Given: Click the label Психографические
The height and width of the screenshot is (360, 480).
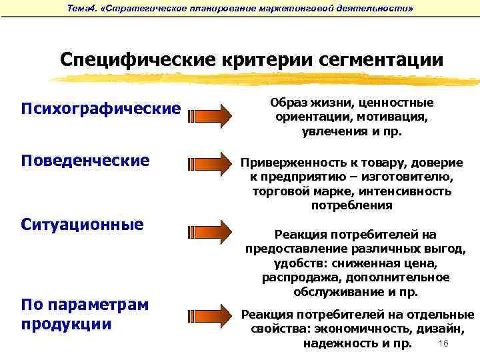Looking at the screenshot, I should (101, 108).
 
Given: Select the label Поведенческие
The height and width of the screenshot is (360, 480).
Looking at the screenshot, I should (85, 161).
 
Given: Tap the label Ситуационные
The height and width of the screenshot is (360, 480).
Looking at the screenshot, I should (82, 224).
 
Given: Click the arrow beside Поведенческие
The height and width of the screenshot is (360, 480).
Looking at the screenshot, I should (209, 164).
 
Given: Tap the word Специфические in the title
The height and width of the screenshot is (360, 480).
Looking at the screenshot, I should (137, 59).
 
